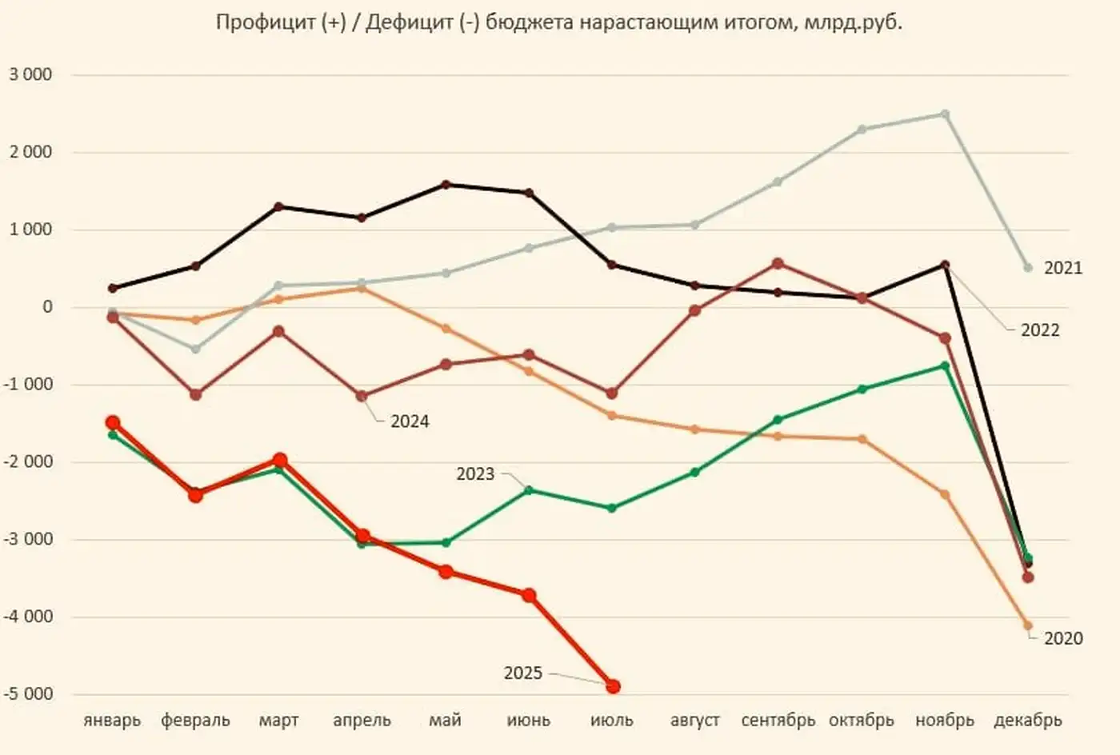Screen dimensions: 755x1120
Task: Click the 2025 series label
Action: click(x=523, y=673)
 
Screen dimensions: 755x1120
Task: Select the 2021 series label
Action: click(x=1062, y=268)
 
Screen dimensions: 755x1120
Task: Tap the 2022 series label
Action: click(x=1039, y=330)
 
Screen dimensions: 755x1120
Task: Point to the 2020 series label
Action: click(x=1062, y=638)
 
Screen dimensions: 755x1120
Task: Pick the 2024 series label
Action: click(x=410, y=421)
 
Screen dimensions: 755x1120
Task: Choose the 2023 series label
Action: click(x=475, y=474)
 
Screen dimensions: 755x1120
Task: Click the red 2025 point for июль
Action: click(x=613, y=686)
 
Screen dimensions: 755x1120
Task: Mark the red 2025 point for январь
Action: click(x=113, y=423)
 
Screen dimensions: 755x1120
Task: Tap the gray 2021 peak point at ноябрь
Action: click(x=945, y=114)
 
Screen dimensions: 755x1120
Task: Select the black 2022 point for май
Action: click(x=446, y=185)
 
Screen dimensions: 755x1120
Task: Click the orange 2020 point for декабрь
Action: click(x=1028, y=626)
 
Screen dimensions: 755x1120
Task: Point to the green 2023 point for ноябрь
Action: click(x=945, y=366)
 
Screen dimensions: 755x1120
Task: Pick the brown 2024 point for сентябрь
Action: click(x=778, y=263)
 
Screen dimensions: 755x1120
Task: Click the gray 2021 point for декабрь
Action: click(x=1028, y=268)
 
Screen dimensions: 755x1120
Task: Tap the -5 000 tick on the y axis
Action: click(x=28, y=694)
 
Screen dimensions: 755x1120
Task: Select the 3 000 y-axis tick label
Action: click(x=30, y=75)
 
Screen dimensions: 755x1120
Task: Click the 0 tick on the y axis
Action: click(x=47, y=307)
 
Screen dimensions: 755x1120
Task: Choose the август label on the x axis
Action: click(x=694, y=721)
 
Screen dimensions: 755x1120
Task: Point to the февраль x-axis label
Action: click(x=195, y=721)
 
